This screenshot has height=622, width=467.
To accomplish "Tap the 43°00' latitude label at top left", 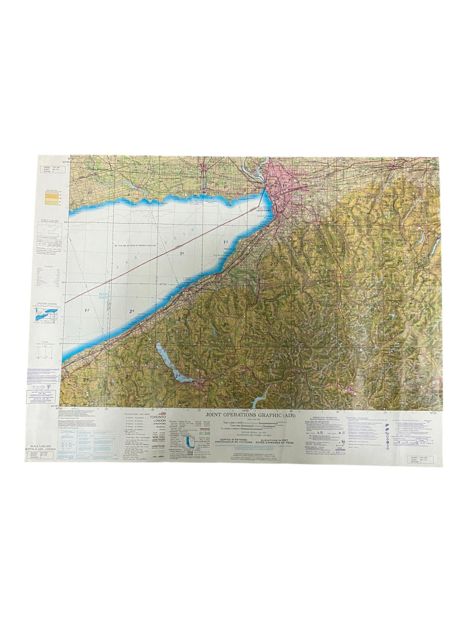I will [66, 162].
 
